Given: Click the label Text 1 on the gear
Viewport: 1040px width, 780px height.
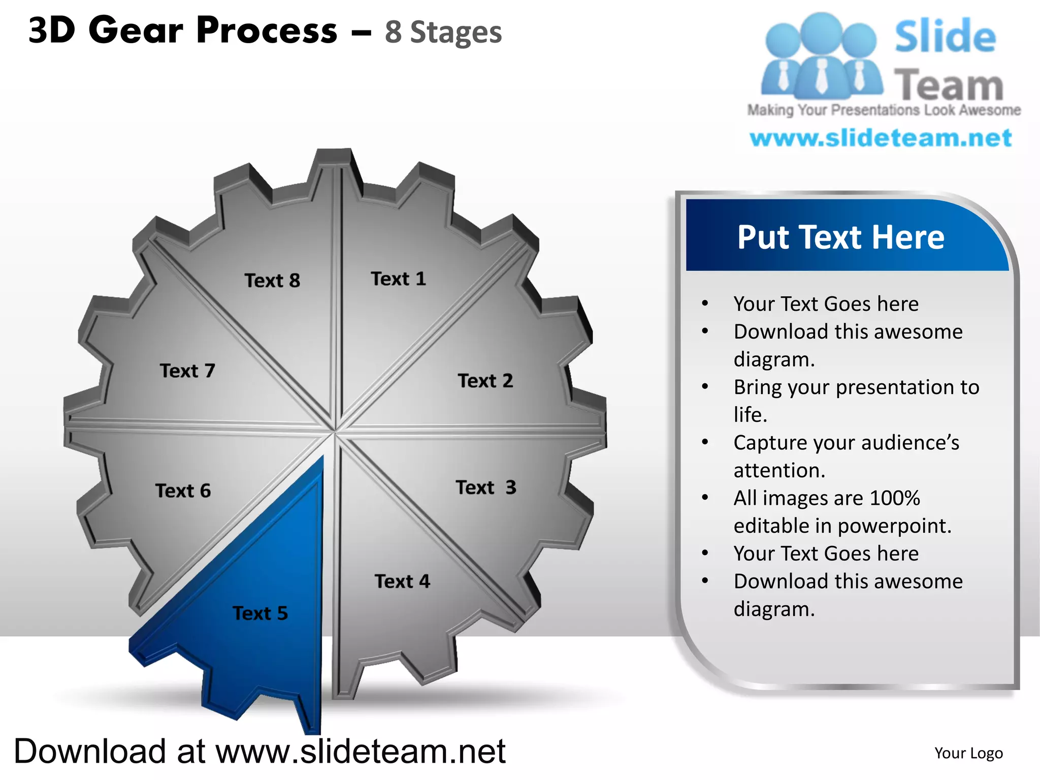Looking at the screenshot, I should coord(398,279).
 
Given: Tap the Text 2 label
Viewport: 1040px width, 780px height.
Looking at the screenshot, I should coord(485,380).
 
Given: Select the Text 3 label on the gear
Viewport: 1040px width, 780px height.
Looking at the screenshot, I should coord(485,487).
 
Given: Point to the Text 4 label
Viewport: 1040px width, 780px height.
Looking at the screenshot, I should coord(402,581).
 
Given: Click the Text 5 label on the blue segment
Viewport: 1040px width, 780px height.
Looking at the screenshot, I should coord(260,613).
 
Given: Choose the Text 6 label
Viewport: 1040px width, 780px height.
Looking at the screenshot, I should coord(183,491).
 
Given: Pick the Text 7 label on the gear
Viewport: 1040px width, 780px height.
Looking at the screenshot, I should coord(187,371).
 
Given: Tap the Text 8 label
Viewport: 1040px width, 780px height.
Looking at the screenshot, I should coord(272,280).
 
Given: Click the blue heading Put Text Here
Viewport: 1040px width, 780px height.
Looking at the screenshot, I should coord(840,237).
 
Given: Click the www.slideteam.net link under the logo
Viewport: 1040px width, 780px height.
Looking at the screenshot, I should coord(881,138).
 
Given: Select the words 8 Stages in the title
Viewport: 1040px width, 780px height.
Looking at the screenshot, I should coord(443,32).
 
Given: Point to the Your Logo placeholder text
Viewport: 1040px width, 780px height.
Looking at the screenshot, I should coord(968,753).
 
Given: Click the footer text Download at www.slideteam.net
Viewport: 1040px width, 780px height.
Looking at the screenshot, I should coord(259,751).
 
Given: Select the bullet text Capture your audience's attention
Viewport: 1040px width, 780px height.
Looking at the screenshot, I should coord(846,456).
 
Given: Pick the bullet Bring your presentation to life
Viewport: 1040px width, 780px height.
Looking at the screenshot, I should coord(856,401).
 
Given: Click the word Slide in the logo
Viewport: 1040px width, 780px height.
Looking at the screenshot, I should coord(945,37).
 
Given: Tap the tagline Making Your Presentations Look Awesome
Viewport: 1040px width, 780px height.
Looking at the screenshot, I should coord(884,110).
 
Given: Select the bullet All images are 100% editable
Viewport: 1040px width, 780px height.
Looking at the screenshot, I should coord(842,511).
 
